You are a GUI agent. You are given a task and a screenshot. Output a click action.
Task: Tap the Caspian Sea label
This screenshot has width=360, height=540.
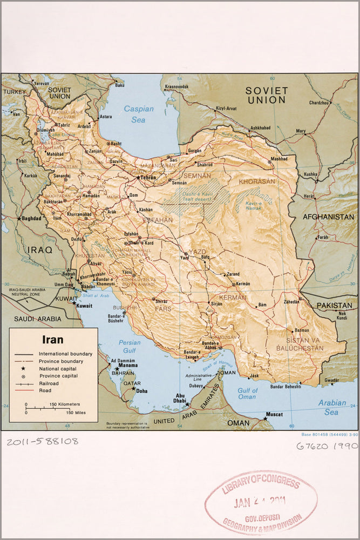tap(139, 113)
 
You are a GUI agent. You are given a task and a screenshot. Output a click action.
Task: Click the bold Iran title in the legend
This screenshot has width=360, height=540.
tap(53, 340)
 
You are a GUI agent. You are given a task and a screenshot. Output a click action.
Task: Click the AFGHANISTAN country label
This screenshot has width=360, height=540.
tap(328, 217)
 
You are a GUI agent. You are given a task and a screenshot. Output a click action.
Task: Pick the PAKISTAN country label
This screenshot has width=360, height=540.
tap(334, 305)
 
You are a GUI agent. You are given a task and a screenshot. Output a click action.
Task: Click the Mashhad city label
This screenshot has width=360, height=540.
tap(279, 159)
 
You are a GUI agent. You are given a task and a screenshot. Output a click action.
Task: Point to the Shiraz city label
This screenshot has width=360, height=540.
tap(161, 301)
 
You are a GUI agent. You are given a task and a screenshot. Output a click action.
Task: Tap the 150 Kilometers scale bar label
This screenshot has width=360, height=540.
tap(65, 404)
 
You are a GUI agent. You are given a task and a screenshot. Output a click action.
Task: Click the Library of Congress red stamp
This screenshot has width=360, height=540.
tap(261, 502)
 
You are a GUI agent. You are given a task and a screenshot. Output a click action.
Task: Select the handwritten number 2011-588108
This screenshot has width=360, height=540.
tap(43, 441)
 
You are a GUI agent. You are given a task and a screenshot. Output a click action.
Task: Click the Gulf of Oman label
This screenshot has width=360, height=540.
tap(248, 394)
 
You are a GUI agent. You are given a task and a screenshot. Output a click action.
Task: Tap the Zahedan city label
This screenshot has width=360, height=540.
tap(291, 302)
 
